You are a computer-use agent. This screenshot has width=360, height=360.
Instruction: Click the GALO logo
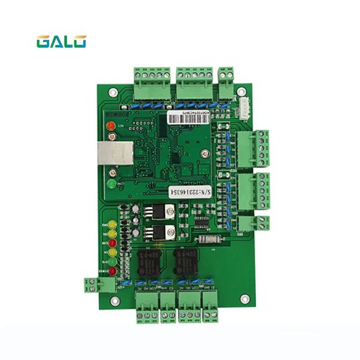point(61,41)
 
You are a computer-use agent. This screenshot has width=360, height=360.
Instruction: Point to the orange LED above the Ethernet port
point(111,127)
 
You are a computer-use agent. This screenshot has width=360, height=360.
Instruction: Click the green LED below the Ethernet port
point(112,184)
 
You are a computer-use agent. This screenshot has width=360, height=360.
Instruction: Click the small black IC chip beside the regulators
point(203,223)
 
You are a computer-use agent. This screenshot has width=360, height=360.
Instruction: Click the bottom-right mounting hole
point(244,298)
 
